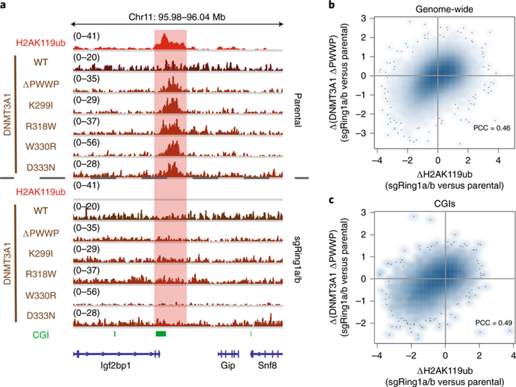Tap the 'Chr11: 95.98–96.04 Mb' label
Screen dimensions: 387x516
pos(177,17)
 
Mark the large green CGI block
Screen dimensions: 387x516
pos(161,333)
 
